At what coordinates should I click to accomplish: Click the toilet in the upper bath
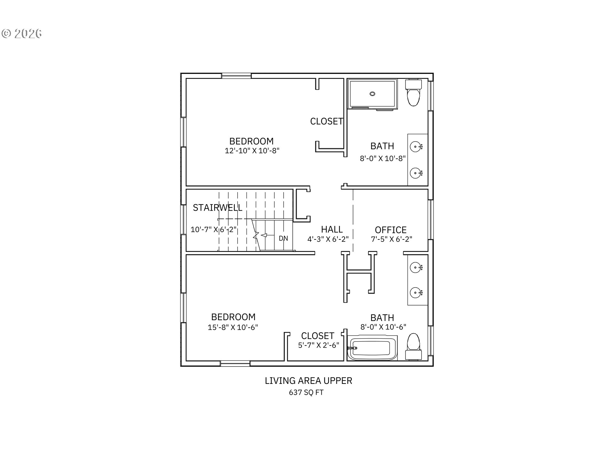[x=413, y=93]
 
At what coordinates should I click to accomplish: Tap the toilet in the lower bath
[x=413, y=346]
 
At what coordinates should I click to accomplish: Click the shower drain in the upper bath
[x=373, y=93]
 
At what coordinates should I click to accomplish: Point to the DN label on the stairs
[x=283, y=239]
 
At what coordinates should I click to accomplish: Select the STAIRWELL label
[x=217, y=208]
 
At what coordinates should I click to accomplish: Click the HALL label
[x=332, y=229]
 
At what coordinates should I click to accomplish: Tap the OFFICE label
[x=391, y=230]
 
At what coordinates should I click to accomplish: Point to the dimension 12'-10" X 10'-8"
[x=252, y=151]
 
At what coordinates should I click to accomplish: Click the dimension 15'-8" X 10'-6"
[x=233, y=327]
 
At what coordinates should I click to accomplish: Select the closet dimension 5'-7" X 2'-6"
[x=319, y=345]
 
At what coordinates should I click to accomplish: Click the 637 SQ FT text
[x=306, y=392]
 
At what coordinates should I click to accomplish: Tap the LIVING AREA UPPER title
[x=309, y=381]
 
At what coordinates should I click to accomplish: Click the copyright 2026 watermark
[x=22, y=34]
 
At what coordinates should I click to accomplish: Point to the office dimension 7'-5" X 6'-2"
[x=391, y=239]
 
